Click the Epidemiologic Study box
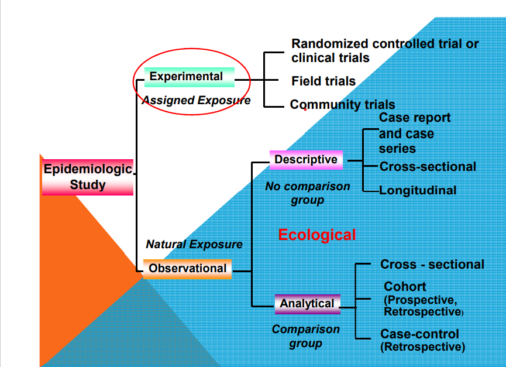(x=88, y=177)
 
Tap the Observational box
(x=187, y=269)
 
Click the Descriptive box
(x=306, y=160)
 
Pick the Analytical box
(x=307, y=304)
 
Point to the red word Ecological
(x=316, y=235)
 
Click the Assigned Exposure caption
(x=196, y=100)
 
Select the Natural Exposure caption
(x=194, y=244)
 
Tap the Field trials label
(x=323, y=81)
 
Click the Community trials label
(x=343, y=105)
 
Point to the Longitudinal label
(x=418, y=190)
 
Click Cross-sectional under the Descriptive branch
(x=428, y=167)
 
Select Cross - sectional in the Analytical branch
(x=432, y=265)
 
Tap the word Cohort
(x=405, y=287)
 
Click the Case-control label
(x=419, y=334)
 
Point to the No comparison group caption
(x=308, y=193)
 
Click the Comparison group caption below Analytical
(x=305, y=337)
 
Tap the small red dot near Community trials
(x=305, y=109)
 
